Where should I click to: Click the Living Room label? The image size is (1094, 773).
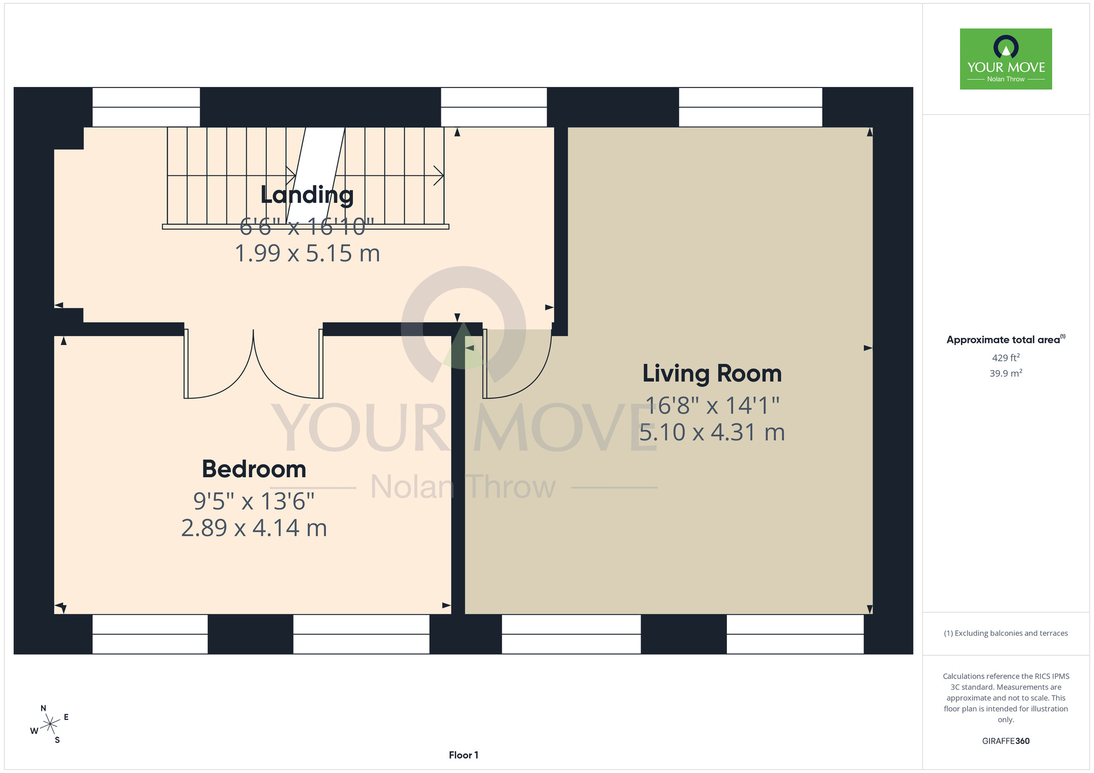point(712,373)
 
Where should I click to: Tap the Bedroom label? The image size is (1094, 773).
point(254,469)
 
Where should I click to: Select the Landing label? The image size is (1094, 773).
point(307,195)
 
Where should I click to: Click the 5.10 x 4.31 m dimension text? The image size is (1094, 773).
point(712,432)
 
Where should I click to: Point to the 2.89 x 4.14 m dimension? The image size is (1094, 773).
point(254,528)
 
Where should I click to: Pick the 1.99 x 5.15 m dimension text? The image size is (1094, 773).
point(307,254)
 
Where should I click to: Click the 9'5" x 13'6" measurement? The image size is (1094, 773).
point(254,501)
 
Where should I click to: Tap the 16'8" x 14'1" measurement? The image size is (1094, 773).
point(712,405)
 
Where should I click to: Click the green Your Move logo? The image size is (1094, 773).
point(1006,59)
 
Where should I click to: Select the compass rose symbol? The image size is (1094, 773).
point(50,724)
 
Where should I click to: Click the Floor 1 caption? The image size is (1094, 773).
point(463,755)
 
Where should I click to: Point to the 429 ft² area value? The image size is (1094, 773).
point(1006,358)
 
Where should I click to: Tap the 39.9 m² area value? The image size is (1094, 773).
point(1006,373)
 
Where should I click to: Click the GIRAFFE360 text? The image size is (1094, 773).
point(1006,741)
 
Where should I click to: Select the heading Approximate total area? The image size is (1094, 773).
point(1006,339)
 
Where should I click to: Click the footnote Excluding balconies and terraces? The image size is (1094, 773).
point(1006,633)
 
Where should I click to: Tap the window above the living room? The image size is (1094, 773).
point(750,107)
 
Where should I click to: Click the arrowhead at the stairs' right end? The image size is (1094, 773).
point(439,175)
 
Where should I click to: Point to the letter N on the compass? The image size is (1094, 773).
point(44,708)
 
